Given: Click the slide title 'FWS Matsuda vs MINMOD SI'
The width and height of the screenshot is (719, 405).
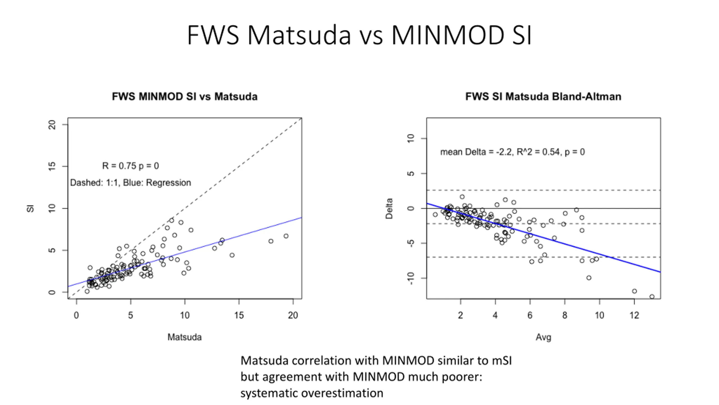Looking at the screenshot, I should (x=359, y=35).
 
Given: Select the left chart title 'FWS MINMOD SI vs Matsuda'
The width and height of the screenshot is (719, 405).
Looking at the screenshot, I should (x=185, y=96).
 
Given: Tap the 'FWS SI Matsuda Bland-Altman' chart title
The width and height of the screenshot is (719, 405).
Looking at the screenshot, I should (x=543, y=96).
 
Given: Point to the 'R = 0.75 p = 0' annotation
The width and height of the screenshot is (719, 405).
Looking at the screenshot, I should (x=130, y=166).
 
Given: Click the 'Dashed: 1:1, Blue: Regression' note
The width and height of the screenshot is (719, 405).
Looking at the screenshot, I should (x=130, y=183).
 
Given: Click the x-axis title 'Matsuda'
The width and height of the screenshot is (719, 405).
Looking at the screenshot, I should (x=185, y=337).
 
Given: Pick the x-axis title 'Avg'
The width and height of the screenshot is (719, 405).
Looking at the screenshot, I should (x=543, y=337).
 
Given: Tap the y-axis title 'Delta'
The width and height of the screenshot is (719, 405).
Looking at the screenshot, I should (x=389, y=208).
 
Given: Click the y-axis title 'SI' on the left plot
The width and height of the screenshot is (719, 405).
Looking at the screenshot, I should (x=30, y=208).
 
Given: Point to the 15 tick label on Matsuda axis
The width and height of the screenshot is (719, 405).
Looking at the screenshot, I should (x=239, y=315).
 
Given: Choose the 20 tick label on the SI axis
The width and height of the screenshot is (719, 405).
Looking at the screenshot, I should (x=52, y=125).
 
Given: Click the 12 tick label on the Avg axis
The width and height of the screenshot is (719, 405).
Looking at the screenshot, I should (x=634, y=315).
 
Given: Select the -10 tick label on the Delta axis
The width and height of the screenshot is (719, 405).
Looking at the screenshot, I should (x=411, y=278).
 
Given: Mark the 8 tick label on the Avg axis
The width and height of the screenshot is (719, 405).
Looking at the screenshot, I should (x=565, y=315).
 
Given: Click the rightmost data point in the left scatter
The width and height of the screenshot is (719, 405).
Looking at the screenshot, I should (x=286, y=236).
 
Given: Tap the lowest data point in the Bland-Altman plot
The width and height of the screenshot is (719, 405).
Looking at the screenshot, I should (x=652, y=296).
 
